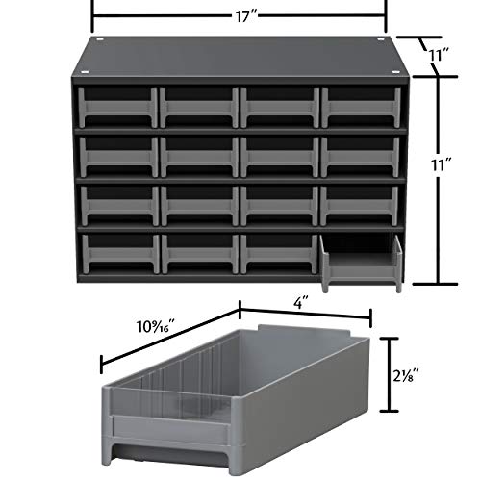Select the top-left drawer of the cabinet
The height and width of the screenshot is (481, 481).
[x=114, y=107]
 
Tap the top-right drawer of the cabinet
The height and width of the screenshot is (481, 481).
[x=361, y=107]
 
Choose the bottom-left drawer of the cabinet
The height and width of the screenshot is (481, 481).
[x=114, y=252]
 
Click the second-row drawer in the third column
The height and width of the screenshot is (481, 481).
[x=279, y=154]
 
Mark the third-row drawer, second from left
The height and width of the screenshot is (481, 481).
[x=197, y=203]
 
